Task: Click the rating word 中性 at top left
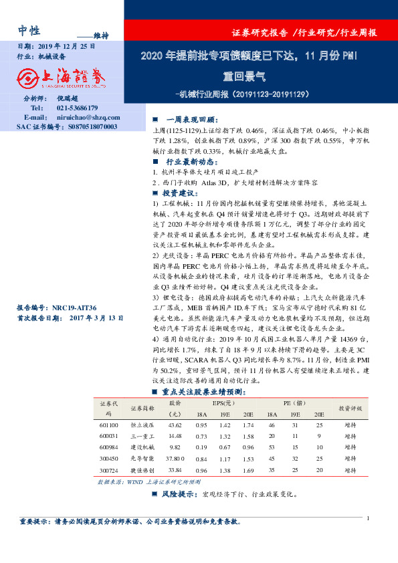click(x=29, y=30)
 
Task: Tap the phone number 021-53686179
click(x=77, y=108)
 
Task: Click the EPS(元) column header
click(x=224, y=403)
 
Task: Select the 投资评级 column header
click(x=350, y=408)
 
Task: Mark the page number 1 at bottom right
click(x=369, y=518)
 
